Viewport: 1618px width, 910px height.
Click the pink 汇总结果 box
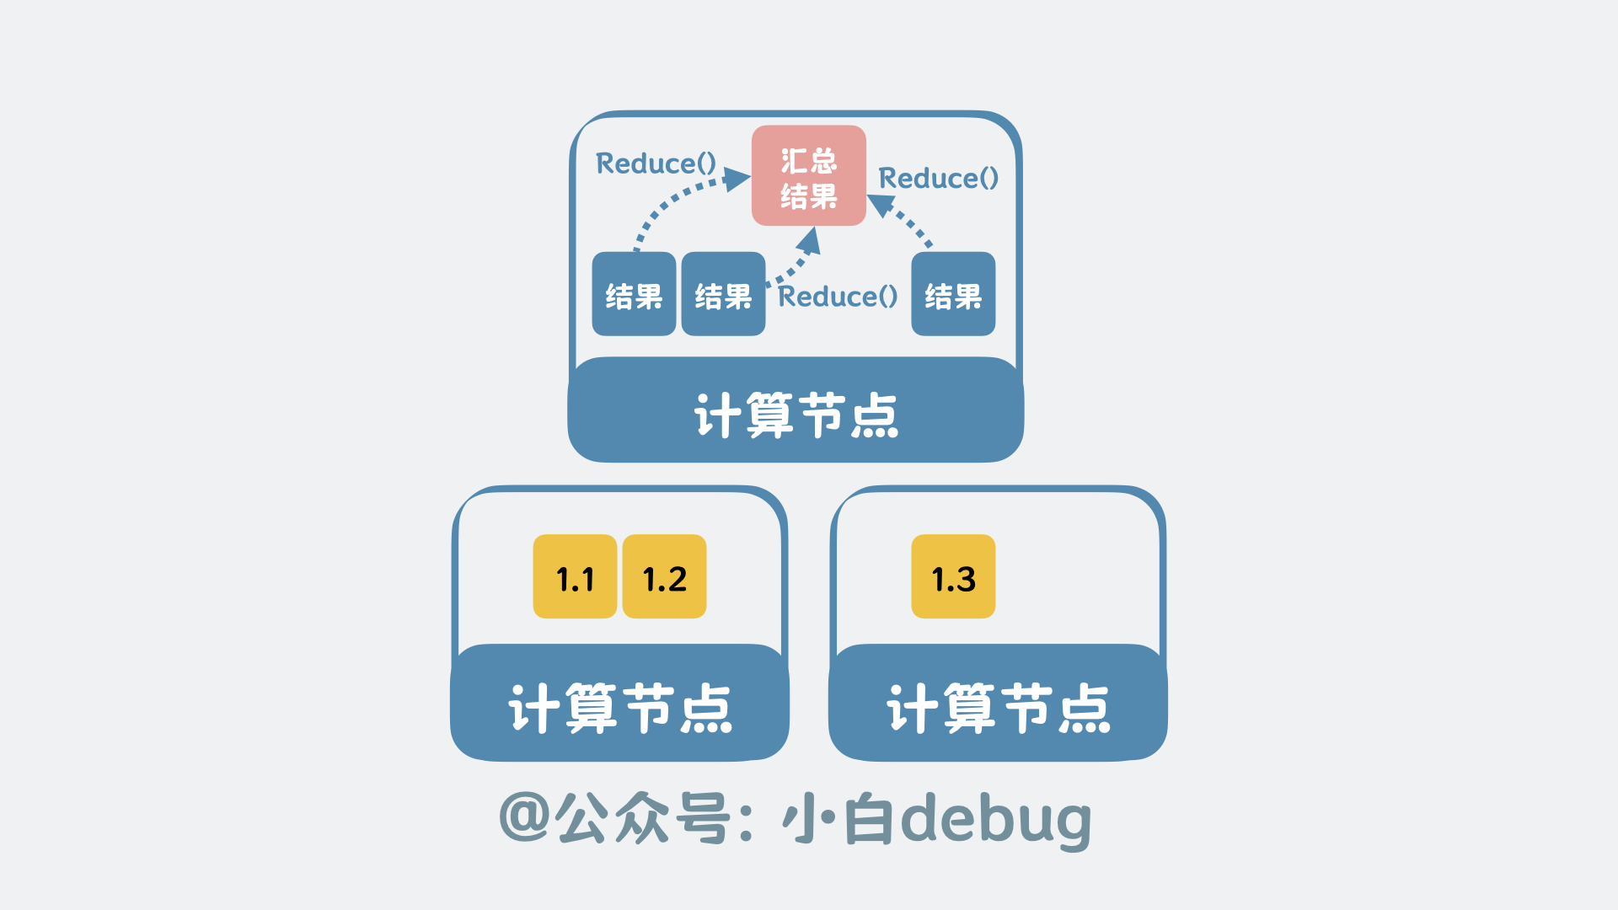809,176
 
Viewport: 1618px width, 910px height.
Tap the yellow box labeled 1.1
575,577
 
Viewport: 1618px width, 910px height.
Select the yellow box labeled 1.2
664,577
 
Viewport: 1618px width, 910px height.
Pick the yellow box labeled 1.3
953,577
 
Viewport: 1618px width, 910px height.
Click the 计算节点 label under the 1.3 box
998,708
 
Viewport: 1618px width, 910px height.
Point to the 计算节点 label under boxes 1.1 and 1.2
619,708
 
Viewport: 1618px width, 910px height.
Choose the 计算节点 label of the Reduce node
796,414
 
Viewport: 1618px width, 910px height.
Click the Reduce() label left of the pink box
656,163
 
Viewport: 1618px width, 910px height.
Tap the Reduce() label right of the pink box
938,179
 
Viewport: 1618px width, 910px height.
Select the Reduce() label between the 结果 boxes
838,297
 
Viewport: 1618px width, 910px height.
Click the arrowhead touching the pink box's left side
737,179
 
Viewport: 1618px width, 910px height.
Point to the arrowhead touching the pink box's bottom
810,241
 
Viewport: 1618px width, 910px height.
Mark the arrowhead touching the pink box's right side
881,205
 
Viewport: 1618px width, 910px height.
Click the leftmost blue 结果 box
634,295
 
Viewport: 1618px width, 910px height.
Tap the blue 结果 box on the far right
953,295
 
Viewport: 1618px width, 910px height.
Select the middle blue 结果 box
723,295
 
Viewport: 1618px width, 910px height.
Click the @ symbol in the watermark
524,817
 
